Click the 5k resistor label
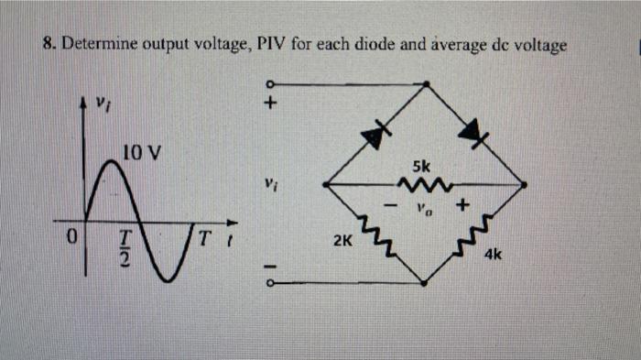tap(420, 168)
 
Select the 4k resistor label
tap(494, 257)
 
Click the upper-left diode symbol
tap(373, 136)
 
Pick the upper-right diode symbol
tap(473, 136)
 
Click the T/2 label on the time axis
tap(127, 246)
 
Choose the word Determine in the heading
tap(95, 44)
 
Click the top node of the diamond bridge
tap(426, 84)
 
